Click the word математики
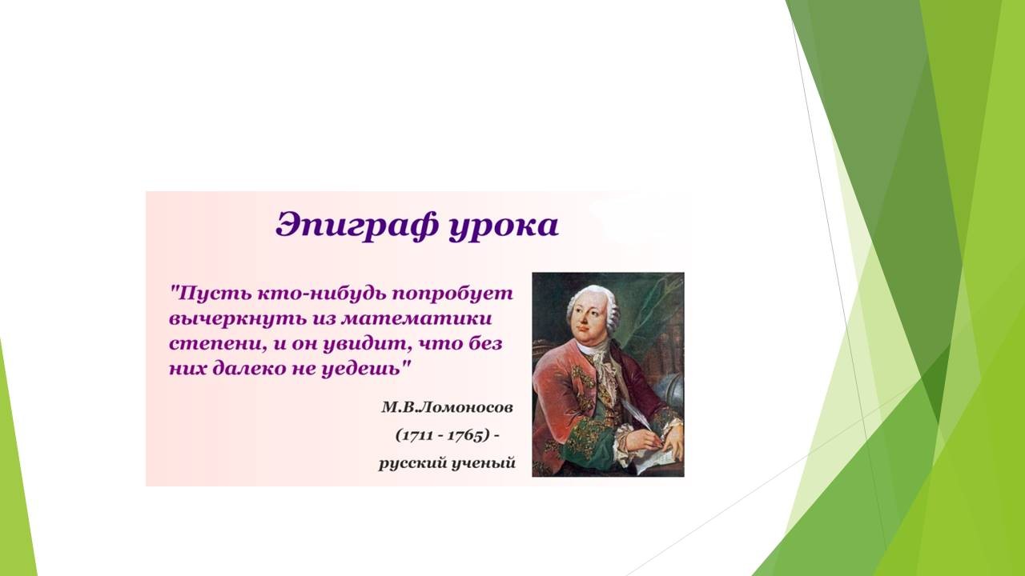click(416, 318)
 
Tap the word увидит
click(365, 344)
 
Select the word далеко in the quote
click(249, 369)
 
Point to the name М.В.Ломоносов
click(447, 407)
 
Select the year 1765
click(465, 435)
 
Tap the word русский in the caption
click(412, 463)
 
